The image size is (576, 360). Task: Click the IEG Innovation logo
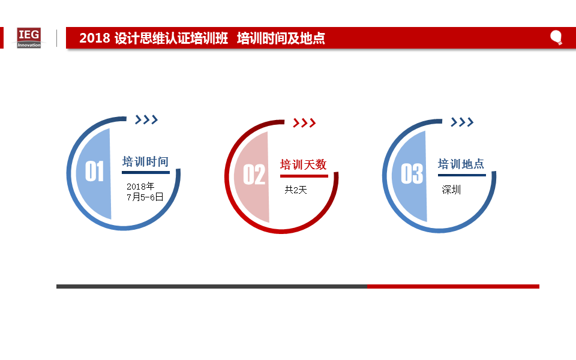[29, 38]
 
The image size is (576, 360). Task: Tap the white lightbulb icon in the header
[556, 37]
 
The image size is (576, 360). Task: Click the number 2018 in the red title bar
[95, 38]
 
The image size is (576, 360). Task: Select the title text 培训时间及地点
[281, 38]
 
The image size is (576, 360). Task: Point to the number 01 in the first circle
[94, 171]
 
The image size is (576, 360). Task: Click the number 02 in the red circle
[254, 175]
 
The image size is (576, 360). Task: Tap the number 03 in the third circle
[412, 173]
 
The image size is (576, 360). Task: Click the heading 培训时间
[145, 161]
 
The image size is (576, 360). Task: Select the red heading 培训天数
[304, 164]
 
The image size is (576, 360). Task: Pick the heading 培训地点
[461, 164]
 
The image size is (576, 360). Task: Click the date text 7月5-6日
[145, 197]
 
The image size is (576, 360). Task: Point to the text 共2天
[296, 190]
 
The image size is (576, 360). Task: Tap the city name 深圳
[451, 190]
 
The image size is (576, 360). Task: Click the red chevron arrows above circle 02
[304, 122]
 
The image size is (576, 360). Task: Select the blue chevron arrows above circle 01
[146, 119]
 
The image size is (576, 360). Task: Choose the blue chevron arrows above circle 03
[462, 122]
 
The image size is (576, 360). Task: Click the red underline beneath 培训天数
[304, 176]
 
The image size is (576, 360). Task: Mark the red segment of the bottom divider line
[454, 287]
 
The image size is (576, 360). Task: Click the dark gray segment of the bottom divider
[212, 287]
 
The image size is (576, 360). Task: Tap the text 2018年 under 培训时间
[140, 186]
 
